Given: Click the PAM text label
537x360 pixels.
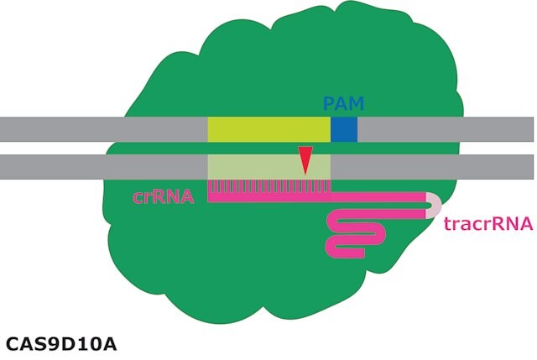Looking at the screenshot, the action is point(343,103).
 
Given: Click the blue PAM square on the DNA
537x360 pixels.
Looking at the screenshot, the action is point(344,129).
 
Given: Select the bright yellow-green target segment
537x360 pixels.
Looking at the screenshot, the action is point(269,129).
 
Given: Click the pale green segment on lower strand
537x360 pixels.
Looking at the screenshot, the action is point(269,167).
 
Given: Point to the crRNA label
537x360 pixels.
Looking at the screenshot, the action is point(164,197).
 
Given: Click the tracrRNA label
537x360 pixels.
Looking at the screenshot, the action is point(488,224).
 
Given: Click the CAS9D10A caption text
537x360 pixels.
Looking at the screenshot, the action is point(61,344).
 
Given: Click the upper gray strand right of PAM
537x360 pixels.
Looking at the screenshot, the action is point(446,129).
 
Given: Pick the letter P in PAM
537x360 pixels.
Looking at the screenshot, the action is point(328,104).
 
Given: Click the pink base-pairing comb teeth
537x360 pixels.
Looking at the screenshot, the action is point(269,186).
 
